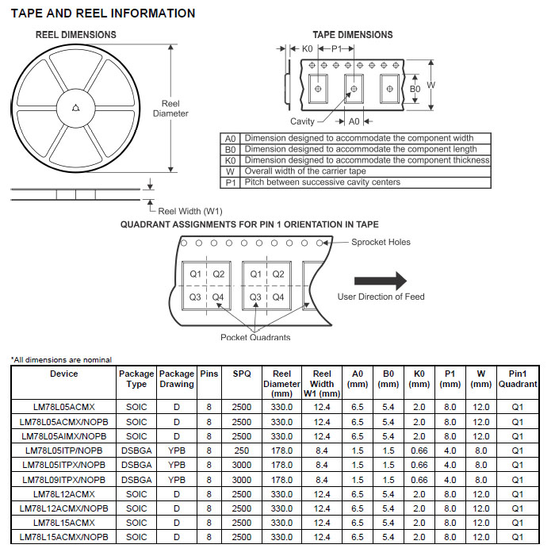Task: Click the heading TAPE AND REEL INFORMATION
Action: point(102,13)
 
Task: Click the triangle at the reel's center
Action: point(75,109)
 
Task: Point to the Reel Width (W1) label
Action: point(191,211)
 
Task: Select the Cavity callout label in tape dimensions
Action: point(302,121)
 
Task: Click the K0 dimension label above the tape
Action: point(308,49)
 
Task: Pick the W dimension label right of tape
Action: point(431,85)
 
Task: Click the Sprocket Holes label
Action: point(381,242)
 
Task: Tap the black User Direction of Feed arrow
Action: point(380,280)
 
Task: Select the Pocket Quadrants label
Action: point(255,337)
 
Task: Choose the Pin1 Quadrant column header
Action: point(518,378)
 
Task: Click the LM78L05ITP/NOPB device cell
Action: point(64,451)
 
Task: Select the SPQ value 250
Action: point(242,451)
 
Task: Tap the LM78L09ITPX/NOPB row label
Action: point(64,480)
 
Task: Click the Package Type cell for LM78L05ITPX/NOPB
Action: point(136,465)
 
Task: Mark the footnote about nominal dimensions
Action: point(61,360)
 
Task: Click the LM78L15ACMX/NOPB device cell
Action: point(64,537)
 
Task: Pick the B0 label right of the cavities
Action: point(415,89)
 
